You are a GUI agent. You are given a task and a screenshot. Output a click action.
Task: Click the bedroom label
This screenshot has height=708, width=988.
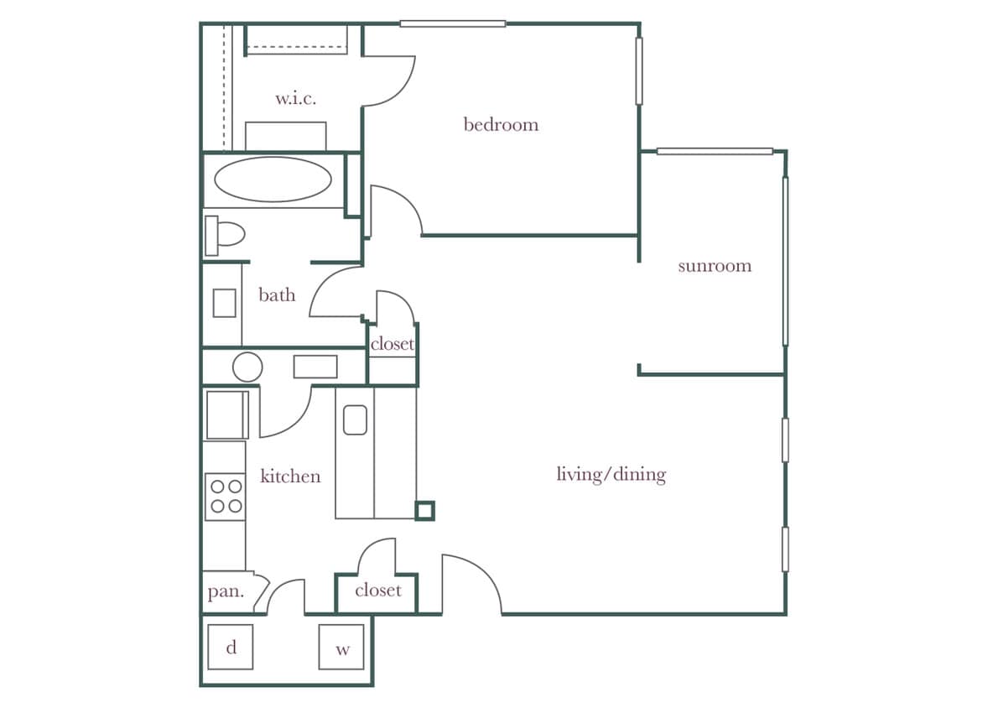click(501, 125)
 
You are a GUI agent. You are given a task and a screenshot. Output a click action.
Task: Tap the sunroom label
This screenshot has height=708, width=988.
click(714, 266)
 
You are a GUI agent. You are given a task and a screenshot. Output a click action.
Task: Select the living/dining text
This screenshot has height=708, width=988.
click(611, 475)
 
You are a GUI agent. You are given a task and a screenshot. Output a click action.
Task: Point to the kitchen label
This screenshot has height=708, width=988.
click(290, 476)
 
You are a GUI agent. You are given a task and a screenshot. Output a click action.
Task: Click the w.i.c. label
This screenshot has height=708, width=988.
click(295, 98)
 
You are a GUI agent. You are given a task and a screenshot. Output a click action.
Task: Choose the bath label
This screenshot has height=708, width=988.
click(277, 294)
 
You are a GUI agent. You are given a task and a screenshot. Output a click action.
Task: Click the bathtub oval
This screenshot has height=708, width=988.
click(273, 180)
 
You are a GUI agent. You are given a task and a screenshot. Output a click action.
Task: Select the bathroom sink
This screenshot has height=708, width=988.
click(224, 303)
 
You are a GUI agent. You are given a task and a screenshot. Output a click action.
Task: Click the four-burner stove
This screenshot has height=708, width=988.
click(225, 496)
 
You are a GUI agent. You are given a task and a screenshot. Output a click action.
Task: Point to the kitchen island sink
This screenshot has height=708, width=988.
click(355, 419)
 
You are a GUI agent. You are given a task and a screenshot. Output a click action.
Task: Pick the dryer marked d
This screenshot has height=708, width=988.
click(231, 647)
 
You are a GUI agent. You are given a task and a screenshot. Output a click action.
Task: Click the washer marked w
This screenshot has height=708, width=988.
click(341, 647)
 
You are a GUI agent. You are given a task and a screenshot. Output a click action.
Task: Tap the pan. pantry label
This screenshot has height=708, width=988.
click(226, 592)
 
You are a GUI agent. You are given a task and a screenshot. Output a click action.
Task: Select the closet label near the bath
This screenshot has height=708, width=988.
click(392, 344)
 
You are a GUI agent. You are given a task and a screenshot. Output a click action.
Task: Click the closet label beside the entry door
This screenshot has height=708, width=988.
click(377, 591)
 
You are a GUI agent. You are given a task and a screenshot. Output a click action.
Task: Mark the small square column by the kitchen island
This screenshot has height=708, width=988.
click(425, 510)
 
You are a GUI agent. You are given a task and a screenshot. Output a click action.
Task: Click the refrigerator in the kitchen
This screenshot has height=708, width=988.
click(226, 414)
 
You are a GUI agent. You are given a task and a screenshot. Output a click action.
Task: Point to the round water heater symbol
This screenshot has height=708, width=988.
click(247, 367)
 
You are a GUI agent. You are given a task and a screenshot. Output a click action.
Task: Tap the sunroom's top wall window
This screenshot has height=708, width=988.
click(715, 152)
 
